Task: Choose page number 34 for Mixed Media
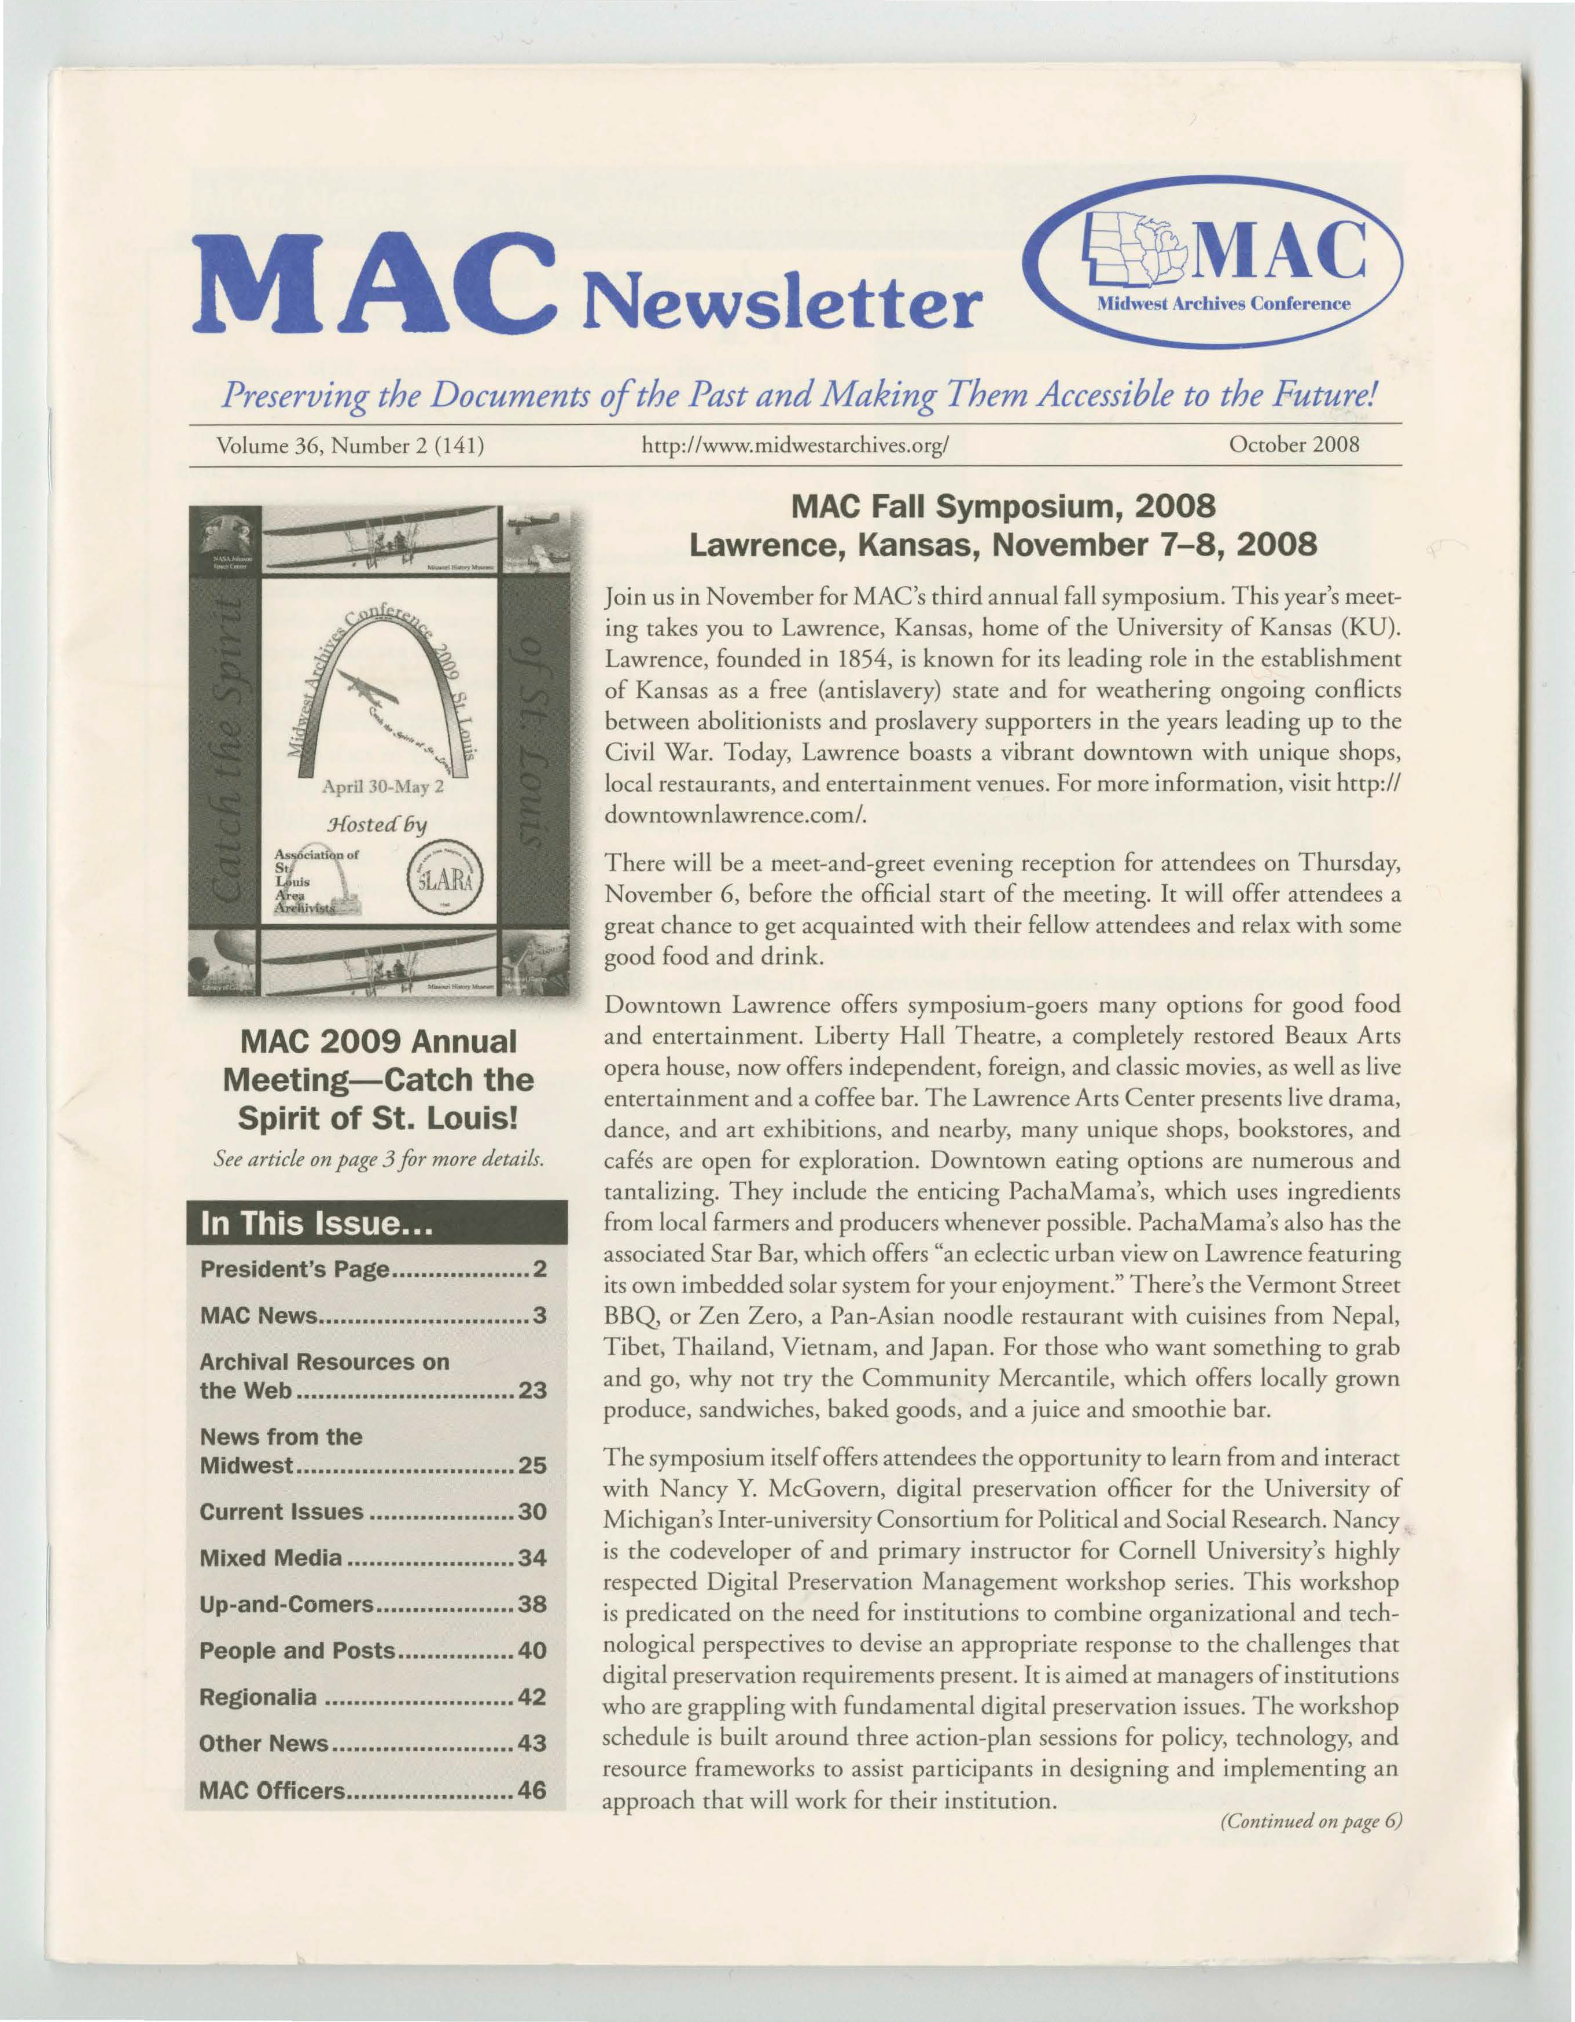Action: click(x=532, y=1558)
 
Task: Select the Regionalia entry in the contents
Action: click(x=258, y=1697)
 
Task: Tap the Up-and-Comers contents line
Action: click(x=287, y=1604)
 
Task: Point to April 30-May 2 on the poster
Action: click(x=382, y=788)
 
